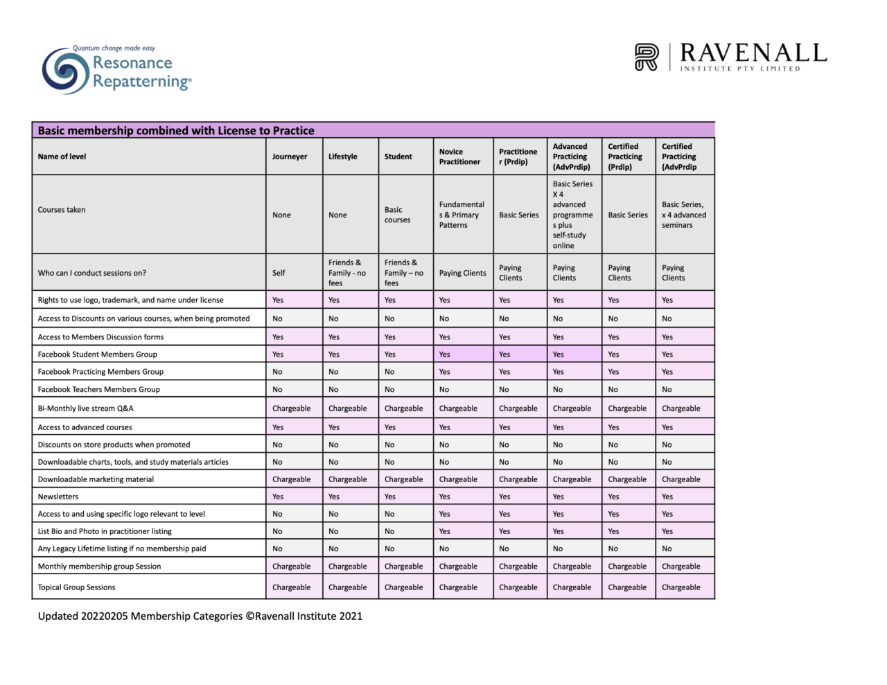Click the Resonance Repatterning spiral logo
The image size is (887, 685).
pyautogui.click(x=66, y=71)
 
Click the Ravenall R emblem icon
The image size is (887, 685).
pyautogui.click(x=647, y=57)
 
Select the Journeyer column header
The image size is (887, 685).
pyautogui.click(x=290, y=157)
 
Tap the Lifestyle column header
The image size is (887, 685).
pyautogui.click(x=343, y=157)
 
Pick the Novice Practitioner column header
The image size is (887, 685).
pyautogui.click(x=459, y=157)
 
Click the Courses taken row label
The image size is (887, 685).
pyautogui.click(x=62, y=210)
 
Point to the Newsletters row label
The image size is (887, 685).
pyautogui.click(x=58, y=497)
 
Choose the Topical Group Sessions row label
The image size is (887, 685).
pyautogui.click(x=76, y=587)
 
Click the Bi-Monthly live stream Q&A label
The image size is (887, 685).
pyautogui.click(x=85, y=409)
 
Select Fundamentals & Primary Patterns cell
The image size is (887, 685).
pyautogui.click(x=462, y=215)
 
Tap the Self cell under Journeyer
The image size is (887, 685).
pyautogui.click(x=279, y=273)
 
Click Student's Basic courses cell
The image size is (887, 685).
pyautogui.click(x=397, y=215)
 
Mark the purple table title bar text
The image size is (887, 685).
pyautogui.click(x=176, y=130)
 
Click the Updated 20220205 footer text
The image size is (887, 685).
pyautogui.click(x=200, y=616)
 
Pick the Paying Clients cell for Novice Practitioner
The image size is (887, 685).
pyautogui.click(x=462, y=273)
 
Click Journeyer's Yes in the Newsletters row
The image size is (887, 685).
pyautogui.click(x=278, y=497)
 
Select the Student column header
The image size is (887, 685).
pyautogui.click(x=398, y=157)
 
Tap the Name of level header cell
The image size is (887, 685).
pyautogui.click(x=62, y=157)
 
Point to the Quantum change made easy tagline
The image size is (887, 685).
pyautogui.click(x=114, y=48)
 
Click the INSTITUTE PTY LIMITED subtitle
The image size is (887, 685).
pyautogui.click(x=740, y=69)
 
